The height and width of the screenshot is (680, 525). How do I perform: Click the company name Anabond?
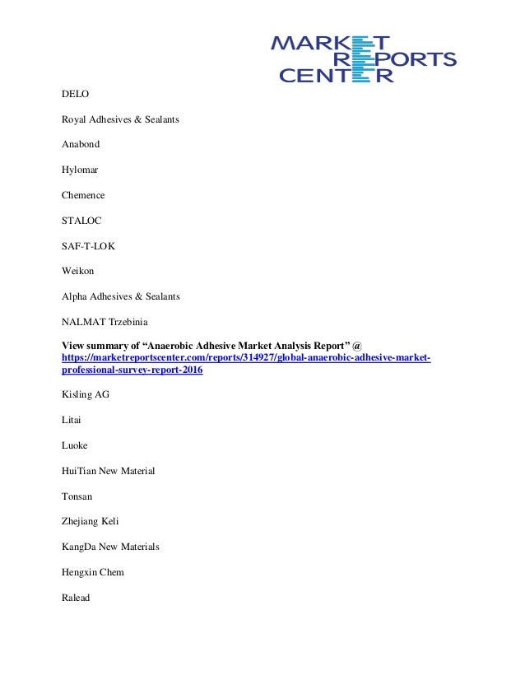[81, 145]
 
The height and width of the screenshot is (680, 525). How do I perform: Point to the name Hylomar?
[81, 170]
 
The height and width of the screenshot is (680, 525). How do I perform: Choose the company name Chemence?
[83, 195]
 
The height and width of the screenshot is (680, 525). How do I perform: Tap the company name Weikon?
[78, 270]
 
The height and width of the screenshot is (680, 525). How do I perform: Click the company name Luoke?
[75, 445]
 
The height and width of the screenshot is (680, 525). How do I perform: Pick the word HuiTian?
[79, 471]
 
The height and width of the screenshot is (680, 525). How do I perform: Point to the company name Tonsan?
[77, 496]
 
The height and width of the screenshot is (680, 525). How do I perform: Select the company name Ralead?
[76, 598]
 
